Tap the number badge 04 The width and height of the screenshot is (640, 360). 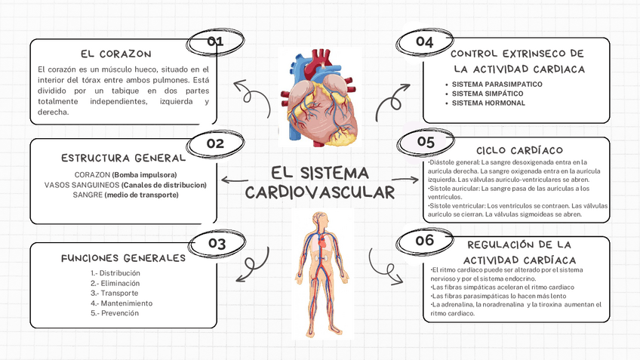pos(424,42)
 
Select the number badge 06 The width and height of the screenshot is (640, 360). pos(425,241)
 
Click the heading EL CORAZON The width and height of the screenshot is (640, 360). pos(115,54)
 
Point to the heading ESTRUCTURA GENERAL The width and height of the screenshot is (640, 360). pos(124,158)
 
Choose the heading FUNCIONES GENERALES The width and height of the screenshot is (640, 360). pos(123,258)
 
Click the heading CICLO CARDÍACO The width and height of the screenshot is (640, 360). pos(519,151)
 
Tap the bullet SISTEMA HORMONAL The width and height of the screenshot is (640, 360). pos(488,103)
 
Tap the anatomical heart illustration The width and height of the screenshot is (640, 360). pos(321,97)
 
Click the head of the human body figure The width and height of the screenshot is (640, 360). pos(320,220)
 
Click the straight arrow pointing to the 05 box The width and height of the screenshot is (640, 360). pos(405,180)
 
